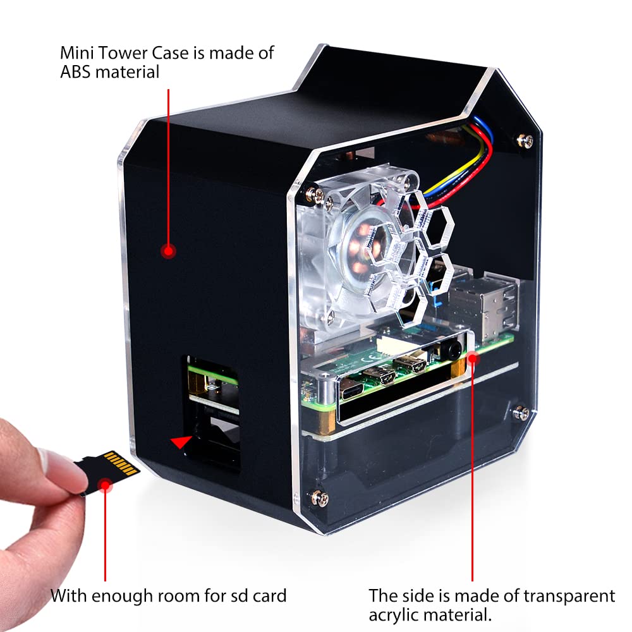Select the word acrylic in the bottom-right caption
coord(396,615)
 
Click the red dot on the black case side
coord(168,252)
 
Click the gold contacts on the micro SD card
coord(121,464)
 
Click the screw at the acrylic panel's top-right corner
coord(524,140)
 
